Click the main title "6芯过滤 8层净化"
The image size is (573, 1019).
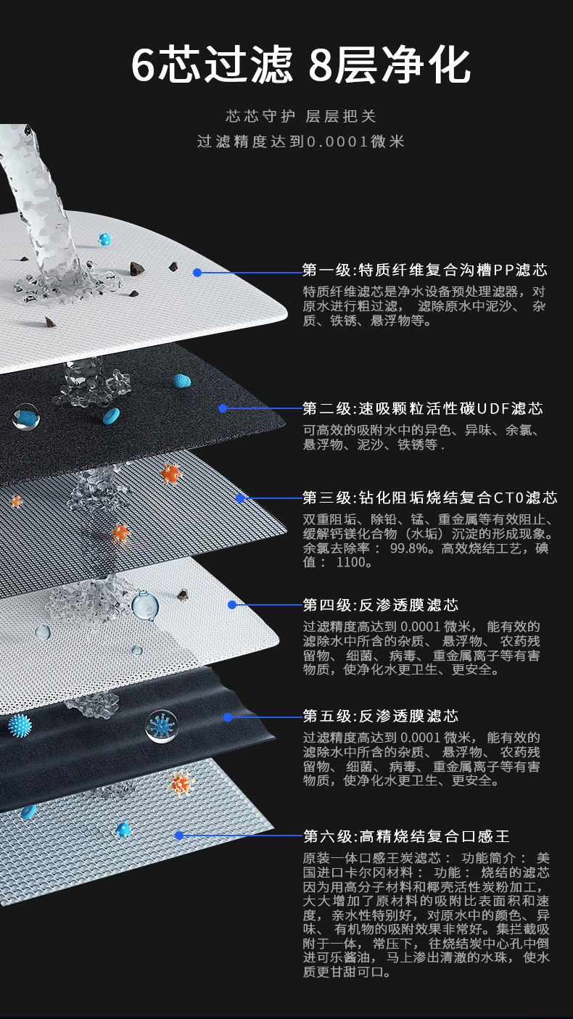(301, 66)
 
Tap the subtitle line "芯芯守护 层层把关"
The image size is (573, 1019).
(301, 116)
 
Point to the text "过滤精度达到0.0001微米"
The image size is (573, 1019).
(301, 141)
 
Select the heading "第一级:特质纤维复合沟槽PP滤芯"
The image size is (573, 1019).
(424, 271)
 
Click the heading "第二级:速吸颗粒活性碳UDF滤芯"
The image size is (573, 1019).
(423, 408)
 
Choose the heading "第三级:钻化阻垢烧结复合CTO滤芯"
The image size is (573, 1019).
(429, 498)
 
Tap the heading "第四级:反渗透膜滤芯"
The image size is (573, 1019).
(381, 605)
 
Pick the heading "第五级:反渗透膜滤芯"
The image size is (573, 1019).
(381, 717)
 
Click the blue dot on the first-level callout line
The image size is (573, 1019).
(197, 273)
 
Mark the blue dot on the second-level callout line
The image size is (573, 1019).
(223, 408)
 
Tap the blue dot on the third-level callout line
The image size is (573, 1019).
(240, 498)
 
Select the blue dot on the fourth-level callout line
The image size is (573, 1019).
(232, 605)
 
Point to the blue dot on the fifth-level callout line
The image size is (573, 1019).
(228, 717)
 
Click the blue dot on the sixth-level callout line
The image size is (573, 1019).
(179, 836)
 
